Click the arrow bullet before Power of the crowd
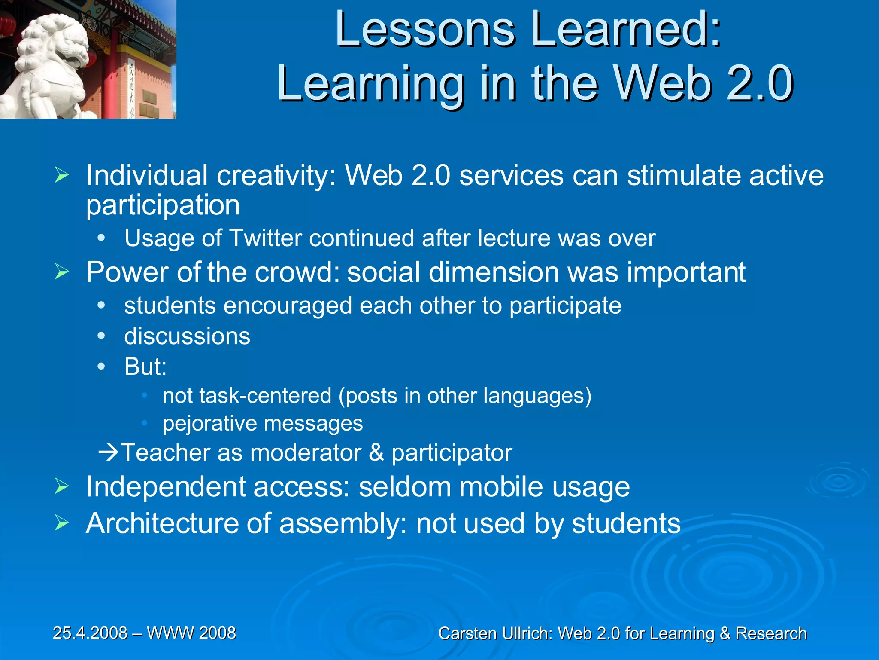coord(62,272)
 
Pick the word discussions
coord(187,336)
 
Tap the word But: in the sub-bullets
coord(145,367)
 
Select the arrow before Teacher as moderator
coord(109,452)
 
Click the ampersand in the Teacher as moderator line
coord(376,452)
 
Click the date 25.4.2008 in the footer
coord(90,633)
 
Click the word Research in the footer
coord(771,633)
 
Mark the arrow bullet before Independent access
coord(62,487)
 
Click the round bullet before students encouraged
coord(101,306)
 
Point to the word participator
coord(452,452)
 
